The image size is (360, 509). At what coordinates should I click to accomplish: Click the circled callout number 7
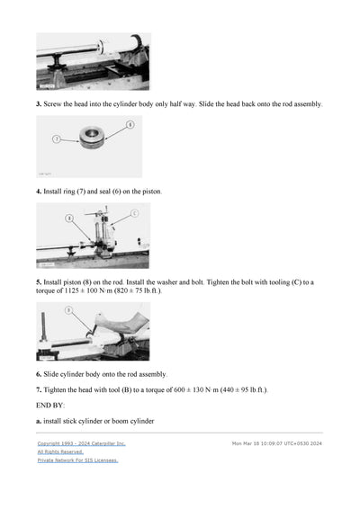(x=57, y=140)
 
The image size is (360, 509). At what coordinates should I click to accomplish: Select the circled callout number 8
(x=68, y=218)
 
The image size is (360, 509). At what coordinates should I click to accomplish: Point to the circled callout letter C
(x=134, y=213)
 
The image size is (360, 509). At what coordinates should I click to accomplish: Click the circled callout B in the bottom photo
(x=68, y=310)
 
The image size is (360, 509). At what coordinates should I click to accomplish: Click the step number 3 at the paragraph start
(x=39, y=104)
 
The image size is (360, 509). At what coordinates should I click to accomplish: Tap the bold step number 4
(x=39, y=192)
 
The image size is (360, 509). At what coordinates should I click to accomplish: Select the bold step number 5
(x=39, y=282)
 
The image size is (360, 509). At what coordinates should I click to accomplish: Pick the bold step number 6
(x=39, y=374)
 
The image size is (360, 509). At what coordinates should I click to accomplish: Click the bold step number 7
(x=39, y=389)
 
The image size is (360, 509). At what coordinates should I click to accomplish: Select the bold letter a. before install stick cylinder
(x=39, y=421)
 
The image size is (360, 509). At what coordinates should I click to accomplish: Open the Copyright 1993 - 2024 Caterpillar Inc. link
(x=82, y=443)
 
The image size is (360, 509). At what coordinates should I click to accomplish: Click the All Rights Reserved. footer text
(x=60, y=451)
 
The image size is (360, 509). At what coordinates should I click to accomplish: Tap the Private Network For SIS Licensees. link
(x=77, y=460)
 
